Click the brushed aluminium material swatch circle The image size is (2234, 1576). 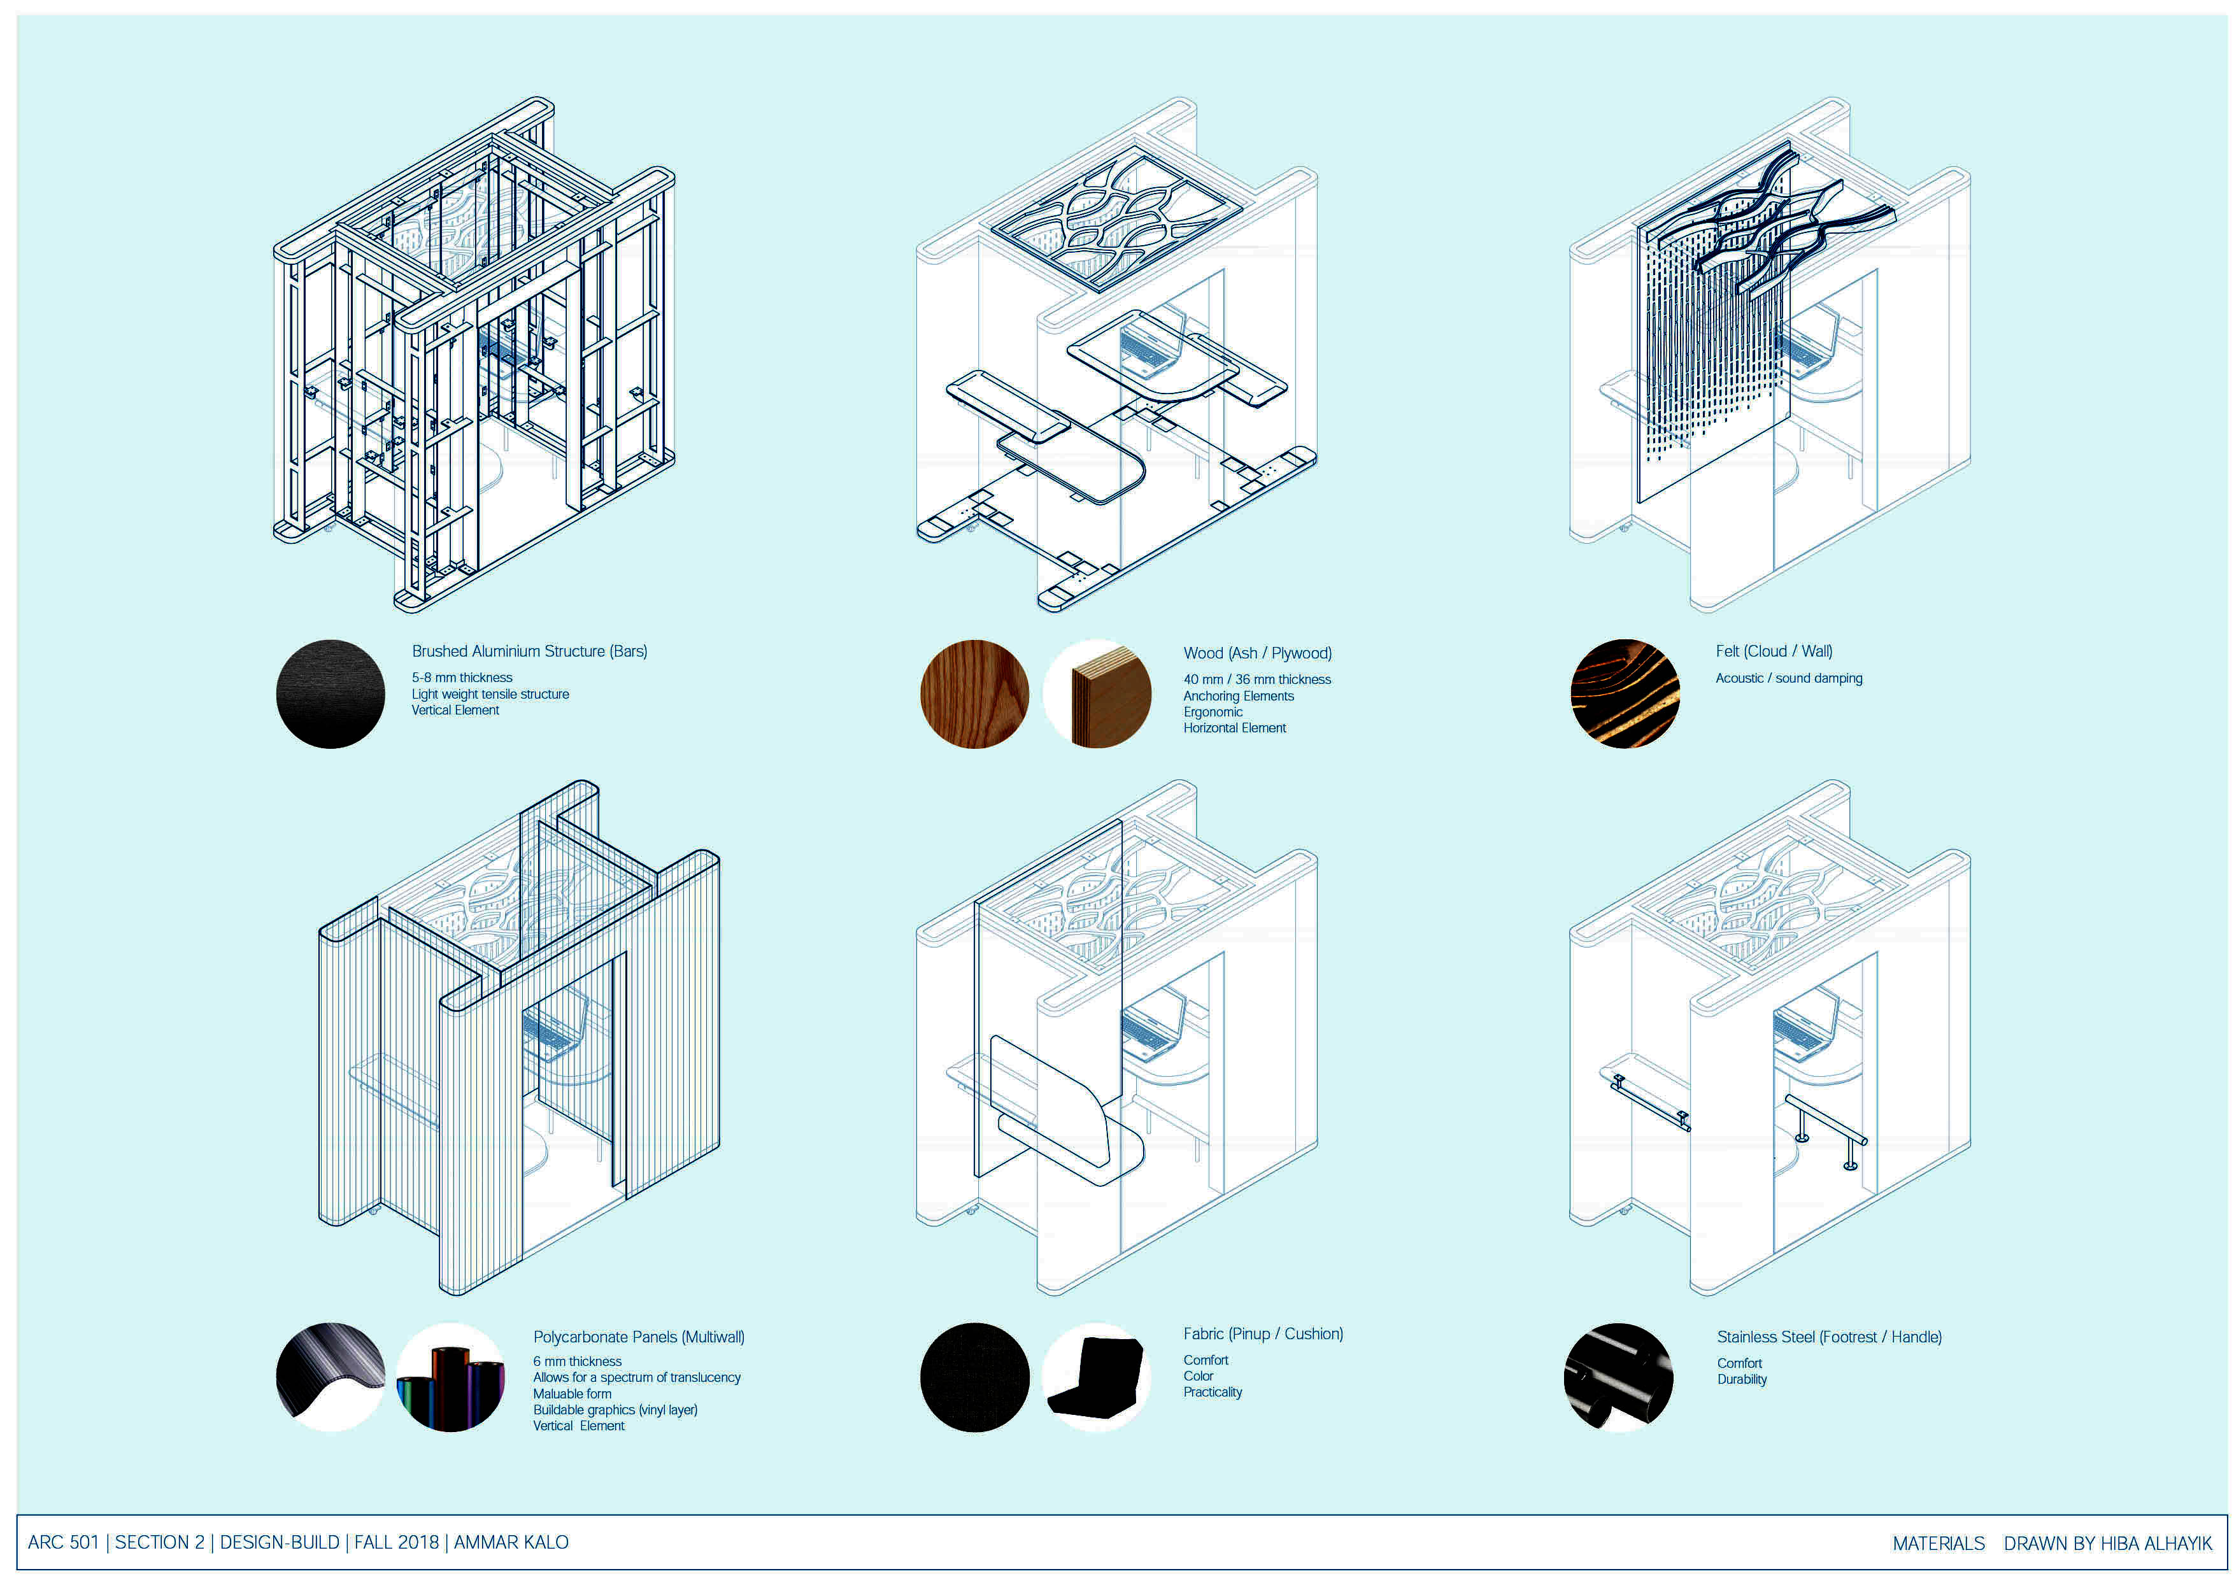pos(330,693)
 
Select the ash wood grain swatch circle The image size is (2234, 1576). pos(974,693)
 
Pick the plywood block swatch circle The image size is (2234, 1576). pos(1097,693)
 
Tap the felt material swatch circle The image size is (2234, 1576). pos(1625,693)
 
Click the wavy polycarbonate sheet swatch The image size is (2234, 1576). pos(330,1377)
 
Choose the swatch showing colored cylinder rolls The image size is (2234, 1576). pos(450,1377)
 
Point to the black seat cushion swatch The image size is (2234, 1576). pos(1097,1377)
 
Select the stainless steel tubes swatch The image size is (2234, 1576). pos(1618,1377)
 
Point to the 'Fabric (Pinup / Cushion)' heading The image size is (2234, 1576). pos(1263,1334)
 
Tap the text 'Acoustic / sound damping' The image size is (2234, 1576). pos(1788,679)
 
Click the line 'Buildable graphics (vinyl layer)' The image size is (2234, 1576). pos(615,1410)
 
